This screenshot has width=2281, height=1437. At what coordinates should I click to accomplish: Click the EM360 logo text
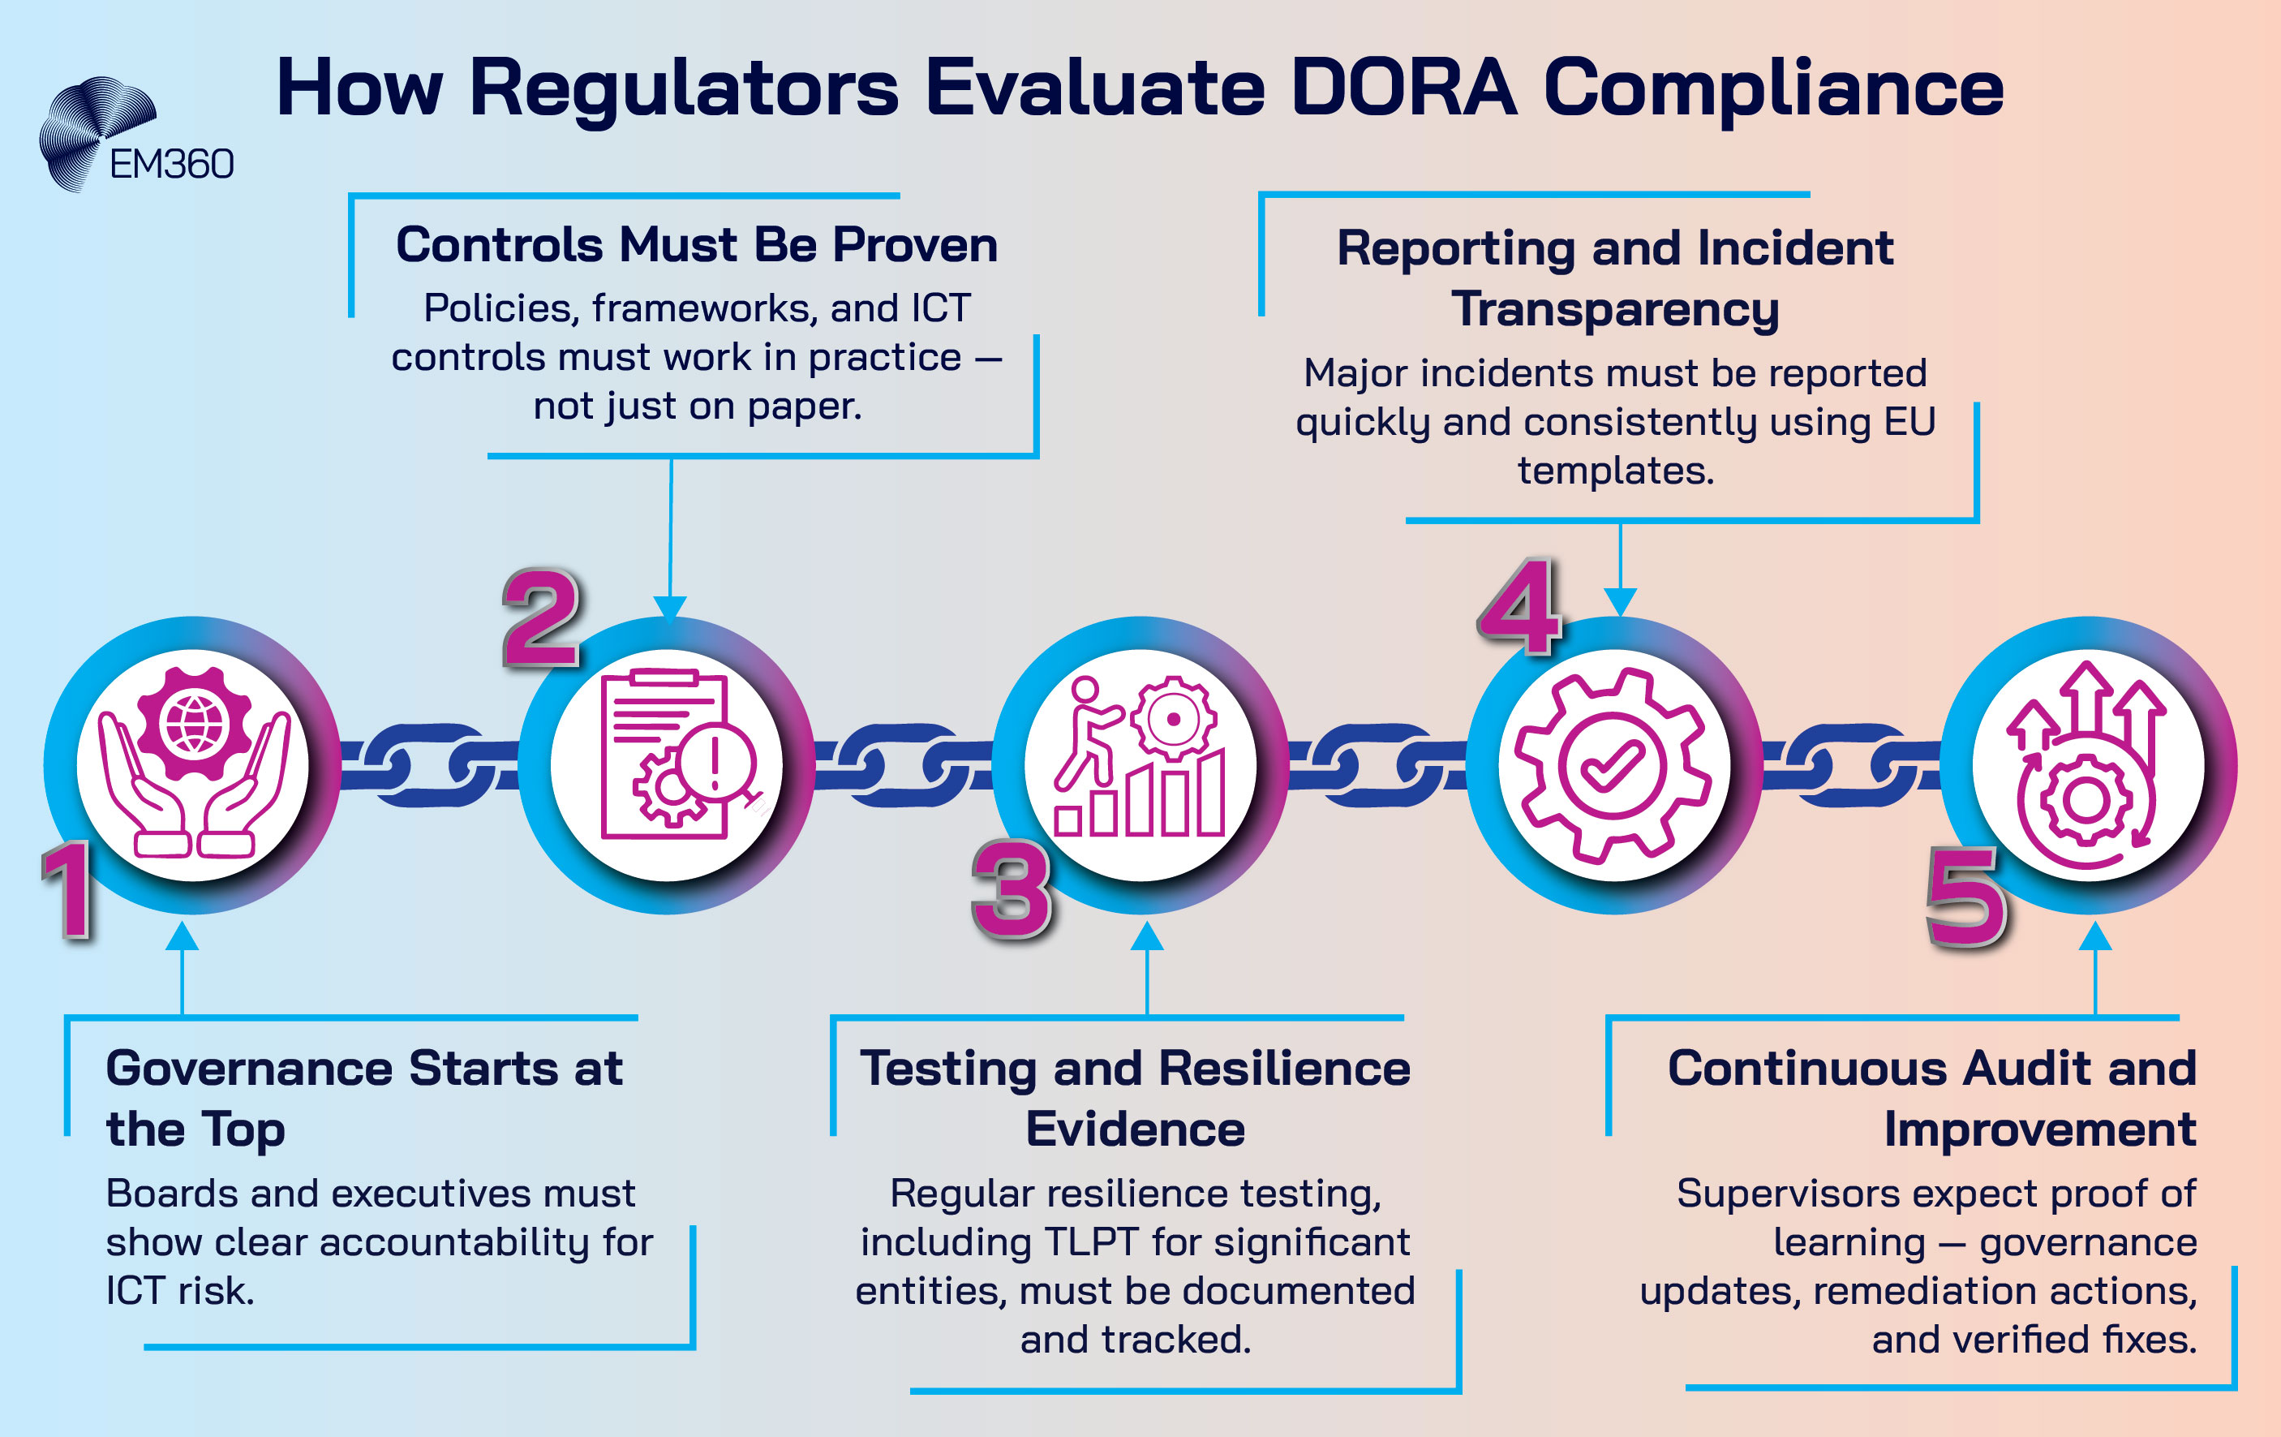pos(171,165)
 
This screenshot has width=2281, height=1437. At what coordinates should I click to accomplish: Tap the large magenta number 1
pos(68,889)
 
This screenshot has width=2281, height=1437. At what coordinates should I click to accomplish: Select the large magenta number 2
pos(541,617)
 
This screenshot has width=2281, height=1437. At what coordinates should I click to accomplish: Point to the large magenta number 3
pos(1012,889)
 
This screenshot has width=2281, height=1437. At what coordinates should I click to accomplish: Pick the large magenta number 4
pos(1519,606)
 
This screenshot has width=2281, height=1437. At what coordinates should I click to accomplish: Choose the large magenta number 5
pos(1966,896)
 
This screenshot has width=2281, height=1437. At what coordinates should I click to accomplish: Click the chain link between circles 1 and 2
pos(429,765)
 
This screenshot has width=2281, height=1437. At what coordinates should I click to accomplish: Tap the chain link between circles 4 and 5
pos(1851,765)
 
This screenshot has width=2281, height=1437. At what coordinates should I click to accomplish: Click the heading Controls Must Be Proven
pos(696,244)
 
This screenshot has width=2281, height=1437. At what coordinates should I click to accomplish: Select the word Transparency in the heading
pos(1615,309)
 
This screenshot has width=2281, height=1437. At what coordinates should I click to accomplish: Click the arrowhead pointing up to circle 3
pos(1147,936)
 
